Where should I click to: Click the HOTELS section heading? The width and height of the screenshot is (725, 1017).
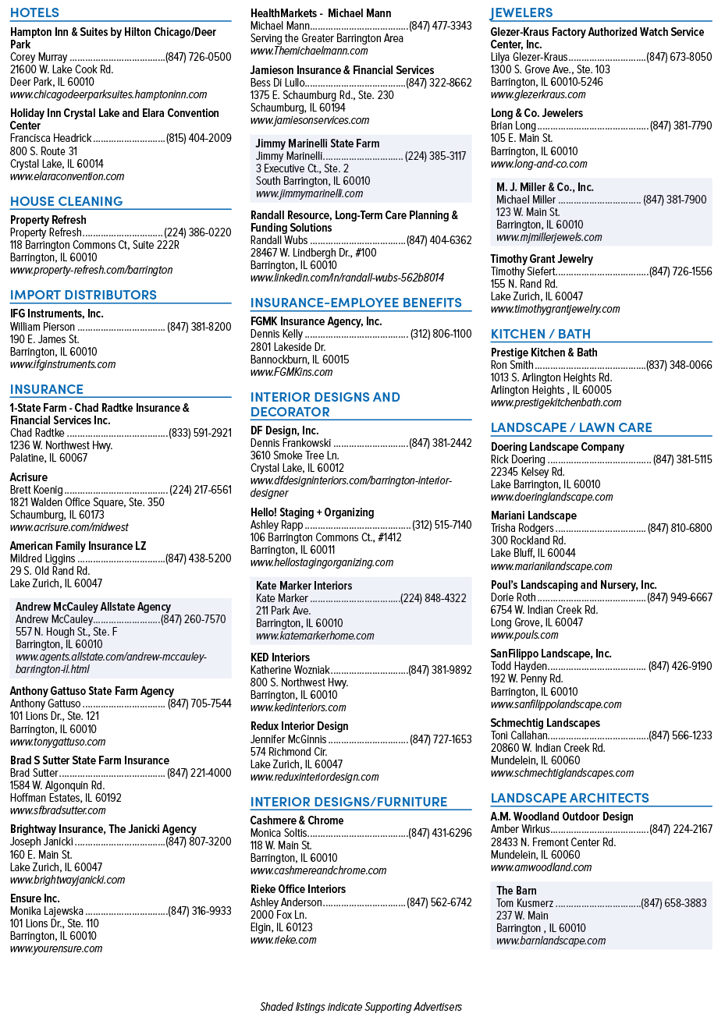pos(34,12)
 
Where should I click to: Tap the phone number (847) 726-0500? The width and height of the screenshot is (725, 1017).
pos(198,57)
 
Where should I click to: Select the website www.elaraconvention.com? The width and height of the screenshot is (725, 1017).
pos(67,176)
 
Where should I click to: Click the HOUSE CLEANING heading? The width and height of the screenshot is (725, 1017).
pos(66,201)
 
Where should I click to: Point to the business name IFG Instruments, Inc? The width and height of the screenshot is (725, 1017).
pos(57,314)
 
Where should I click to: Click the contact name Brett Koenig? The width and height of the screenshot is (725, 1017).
pos(37,490)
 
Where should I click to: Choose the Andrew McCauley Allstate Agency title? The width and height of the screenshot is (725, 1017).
pos(93,607)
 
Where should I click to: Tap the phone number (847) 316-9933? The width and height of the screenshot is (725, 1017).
pos(200,911)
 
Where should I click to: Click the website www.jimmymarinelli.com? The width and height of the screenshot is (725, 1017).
pos(309,193)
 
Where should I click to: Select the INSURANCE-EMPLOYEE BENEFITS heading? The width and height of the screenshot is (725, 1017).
pos(356,303)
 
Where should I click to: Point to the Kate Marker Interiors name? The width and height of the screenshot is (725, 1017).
pos(304,586)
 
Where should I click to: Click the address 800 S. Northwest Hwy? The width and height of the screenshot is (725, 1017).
pos(300,682)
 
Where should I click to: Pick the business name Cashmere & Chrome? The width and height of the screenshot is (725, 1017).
pos(297,820)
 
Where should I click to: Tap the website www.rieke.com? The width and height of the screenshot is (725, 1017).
pos(283,940)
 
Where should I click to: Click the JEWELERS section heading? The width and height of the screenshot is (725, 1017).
pos(521,12)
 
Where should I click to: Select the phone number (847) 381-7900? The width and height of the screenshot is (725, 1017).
pos(674,200)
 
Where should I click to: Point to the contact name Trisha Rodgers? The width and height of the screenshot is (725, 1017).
pos(522,528)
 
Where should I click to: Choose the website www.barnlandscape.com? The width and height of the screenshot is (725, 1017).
pos(551,941)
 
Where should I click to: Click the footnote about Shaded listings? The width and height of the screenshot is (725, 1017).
pos(361,1007)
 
